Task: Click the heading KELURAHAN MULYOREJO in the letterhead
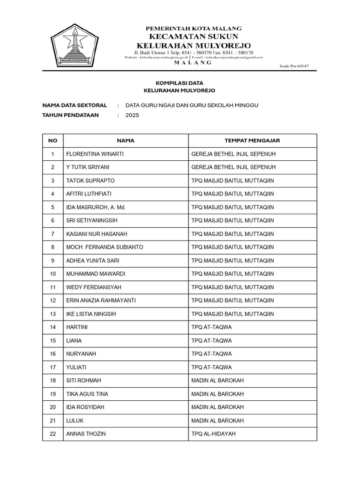coord(193,45)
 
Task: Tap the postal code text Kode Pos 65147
coord(294,66)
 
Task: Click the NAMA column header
coord(126,140)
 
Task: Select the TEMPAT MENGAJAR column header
coord(252,140)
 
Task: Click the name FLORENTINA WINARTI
coord(95,154)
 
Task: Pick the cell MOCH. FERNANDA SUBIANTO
coord(105,247)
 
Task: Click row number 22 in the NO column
coord(53,434)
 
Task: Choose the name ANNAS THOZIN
coord(86,434)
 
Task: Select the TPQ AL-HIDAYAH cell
coord(213,434)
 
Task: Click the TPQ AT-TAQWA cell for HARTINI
coord(211,327)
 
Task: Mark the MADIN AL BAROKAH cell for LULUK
coord(217,420)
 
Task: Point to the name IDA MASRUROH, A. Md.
coord(96,207)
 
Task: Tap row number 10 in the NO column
coord(53,274)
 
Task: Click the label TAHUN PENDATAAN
coord(70,115)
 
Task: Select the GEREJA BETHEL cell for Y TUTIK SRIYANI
coord(233,167)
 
